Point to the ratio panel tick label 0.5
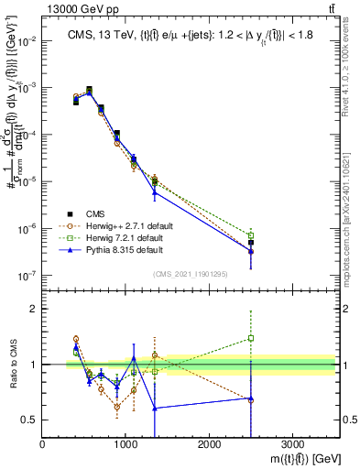point(29,420)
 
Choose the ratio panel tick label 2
point(33,309)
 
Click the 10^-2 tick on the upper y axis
point(27,41)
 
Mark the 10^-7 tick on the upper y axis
point(27,275)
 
